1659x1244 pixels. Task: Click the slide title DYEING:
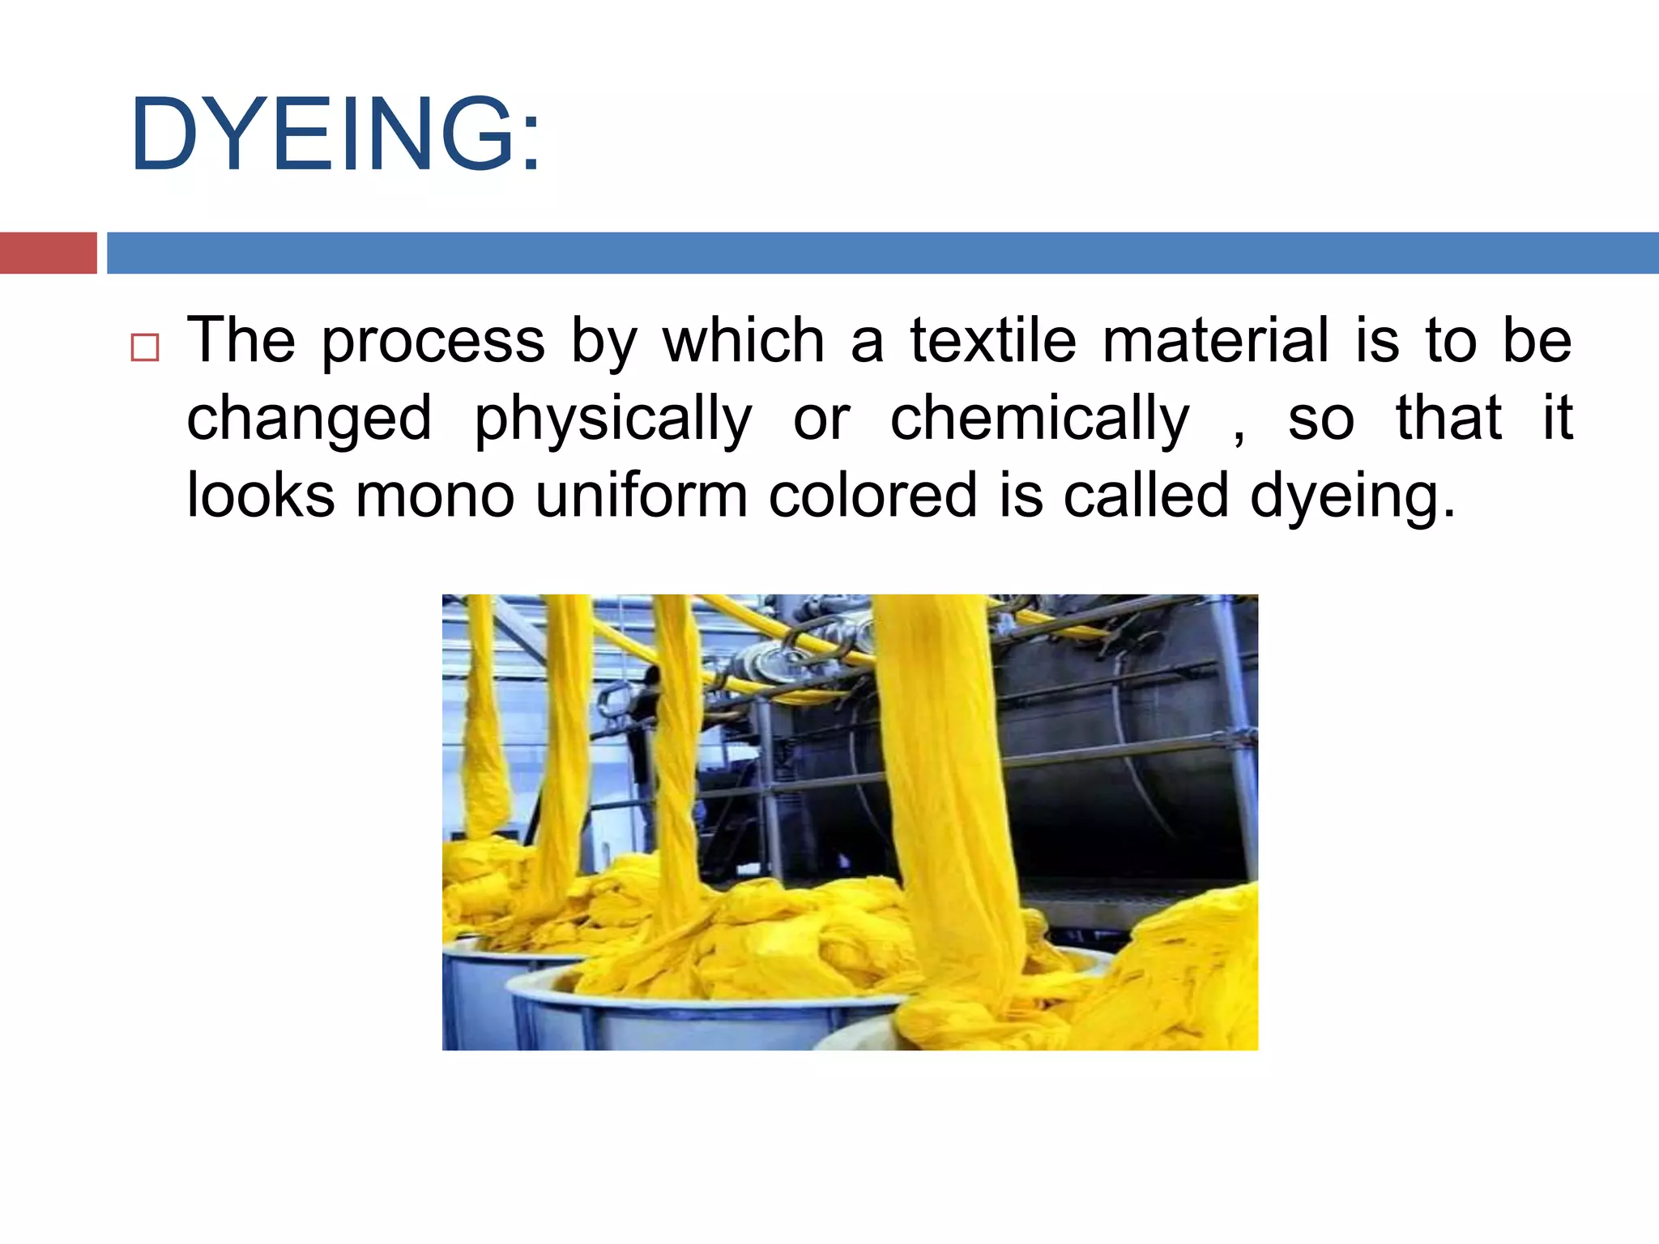pyautogui.click(x=335, y=134)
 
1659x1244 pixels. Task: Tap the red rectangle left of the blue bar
pyautogui.click(x=48, y=253)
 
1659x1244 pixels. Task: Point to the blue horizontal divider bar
pyautogui.click(x=882, y=253)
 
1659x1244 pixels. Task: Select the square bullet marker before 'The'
pyautogui.click(x=145, y=347)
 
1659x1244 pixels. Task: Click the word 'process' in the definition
pyautogui.click(x=433, y=342)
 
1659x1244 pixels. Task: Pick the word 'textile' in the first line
pyautogui.click(x=993, y=340)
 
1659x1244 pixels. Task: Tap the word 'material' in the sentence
pyautogui.click(x=1215, y=340)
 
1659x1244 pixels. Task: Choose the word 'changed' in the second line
pyautogui.click(x=309, y=420)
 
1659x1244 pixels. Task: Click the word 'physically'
pyautogui.click(x=612, y=420)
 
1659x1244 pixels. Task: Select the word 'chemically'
pyautogui.click(x=1040, y=420)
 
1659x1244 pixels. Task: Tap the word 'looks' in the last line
pyautogui.click(x=260, y=496)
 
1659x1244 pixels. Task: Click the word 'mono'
pyautogui.click(x=435, y=496)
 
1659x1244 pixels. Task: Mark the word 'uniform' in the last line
pyautogui.click(x=641, y=496)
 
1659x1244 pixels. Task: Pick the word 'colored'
pyautogui.click(x=872, y=496)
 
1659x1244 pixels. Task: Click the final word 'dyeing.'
pyautogui.click(x=1353, y=497)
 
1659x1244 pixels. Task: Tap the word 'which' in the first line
pyautogui.click(x=744, y=340)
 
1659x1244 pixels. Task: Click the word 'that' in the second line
pyautogui.click(x=1448, y=418)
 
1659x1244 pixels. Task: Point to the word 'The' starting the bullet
pyautogui.click(x=241, y=340)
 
